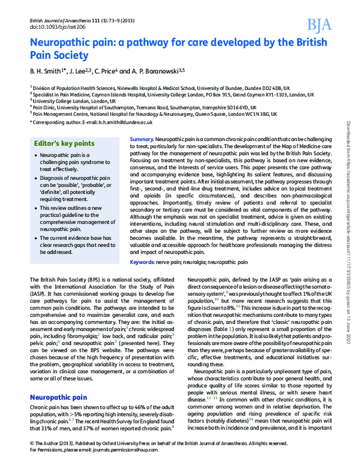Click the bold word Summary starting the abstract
click(x=142, y=139)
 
